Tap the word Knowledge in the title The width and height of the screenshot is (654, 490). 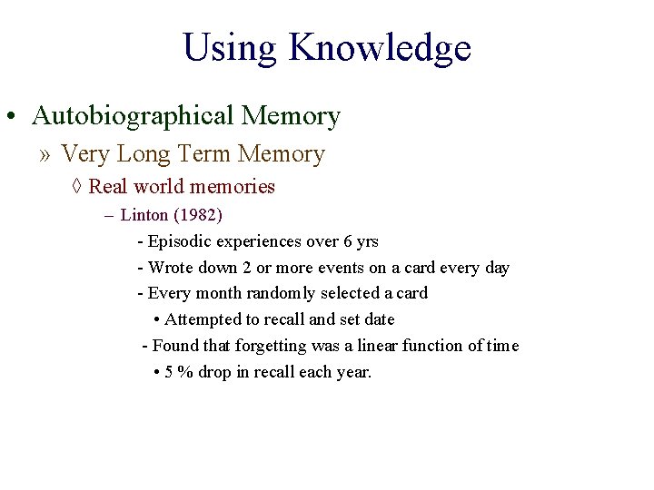pyautogui.click(x=380, y=48)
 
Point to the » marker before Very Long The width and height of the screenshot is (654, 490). pyautogui.click(x=46, y=154)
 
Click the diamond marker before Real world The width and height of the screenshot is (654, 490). pyautogui.click(x=77, y=187)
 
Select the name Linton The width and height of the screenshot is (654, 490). pyautogui.click(x=144, y=216)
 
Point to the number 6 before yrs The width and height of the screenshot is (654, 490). pyautogui.click(x=348, y=241)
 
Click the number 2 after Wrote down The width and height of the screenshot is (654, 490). pyautogui.click(x=245, y=268)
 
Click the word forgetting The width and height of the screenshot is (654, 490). pyautogui.click(x=272, y=346)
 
